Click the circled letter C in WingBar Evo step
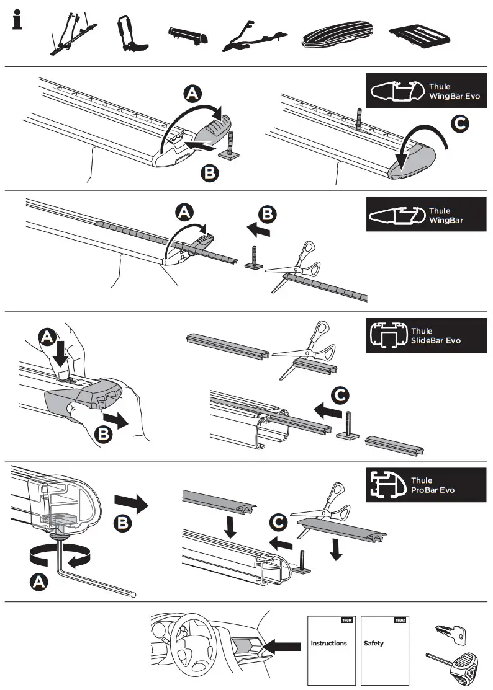point(458,125)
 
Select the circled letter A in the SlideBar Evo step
point(48,337)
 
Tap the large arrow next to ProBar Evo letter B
point(131,503)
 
